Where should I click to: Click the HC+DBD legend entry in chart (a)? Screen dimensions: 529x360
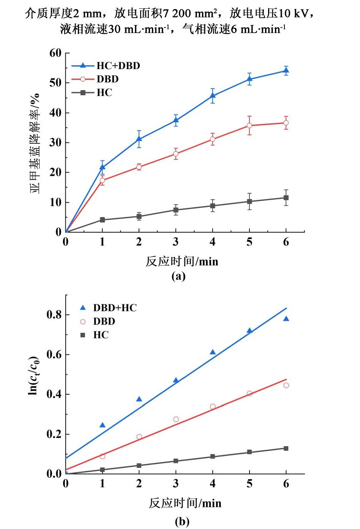point(118,66)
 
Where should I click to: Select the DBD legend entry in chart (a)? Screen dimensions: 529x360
point(107,79)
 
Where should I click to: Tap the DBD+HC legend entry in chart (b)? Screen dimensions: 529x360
point(115,308)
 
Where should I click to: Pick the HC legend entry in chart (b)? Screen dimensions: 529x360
point(101,335)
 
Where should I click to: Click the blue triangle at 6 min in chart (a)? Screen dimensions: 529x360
point(286,71)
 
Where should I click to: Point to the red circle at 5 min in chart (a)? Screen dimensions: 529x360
point(249,125)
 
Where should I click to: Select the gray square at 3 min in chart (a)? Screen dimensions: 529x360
point(176,210)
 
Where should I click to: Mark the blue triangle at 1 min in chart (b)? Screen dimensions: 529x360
point(103,425)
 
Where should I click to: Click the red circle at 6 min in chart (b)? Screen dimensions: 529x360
point(286,385)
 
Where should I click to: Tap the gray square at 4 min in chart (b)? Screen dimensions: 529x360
point(213,457)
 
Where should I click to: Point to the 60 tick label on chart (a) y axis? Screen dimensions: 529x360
point(55,53)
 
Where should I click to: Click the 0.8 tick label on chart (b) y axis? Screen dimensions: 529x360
point(54,315)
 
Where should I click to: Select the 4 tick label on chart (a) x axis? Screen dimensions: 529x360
point(213,242)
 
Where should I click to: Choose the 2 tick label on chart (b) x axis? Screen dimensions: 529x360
point(139,483)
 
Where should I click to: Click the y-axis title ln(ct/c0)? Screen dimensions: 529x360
point(34,375)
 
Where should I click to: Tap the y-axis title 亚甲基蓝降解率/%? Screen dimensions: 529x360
point(35,143)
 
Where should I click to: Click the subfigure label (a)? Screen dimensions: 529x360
point(178,276)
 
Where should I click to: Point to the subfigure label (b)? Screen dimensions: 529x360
point(182,521)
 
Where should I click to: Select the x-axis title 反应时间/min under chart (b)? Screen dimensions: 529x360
point(185,503)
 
